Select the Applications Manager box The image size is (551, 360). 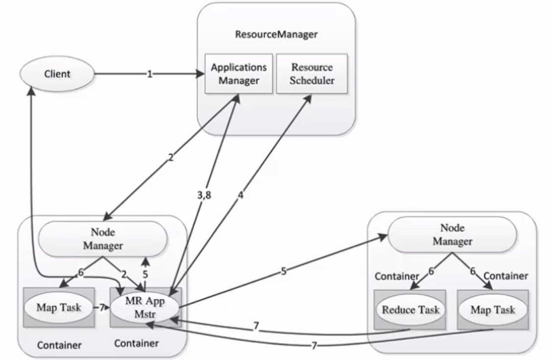tap(238, 74)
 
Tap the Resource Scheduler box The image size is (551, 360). tap(312, 74)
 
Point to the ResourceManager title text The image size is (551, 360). tap(276, 35)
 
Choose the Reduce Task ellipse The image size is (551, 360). tap(411, 309)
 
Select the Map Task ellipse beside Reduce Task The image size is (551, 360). tap(493, 309)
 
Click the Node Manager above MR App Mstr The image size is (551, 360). tap(103, 238)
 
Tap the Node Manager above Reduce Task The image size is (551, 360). tap(452, 234)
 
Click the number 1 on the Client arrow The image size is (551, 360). tap(150, 74)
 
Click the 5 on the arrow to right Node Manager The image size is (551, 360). tap(283, 270)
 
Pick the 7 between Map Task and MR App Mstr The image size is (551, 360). tap(101, 308)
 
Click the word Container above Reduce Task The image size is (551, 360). tap(397, 276)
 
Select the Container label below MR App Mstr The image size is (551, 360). tap(137, 343)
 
